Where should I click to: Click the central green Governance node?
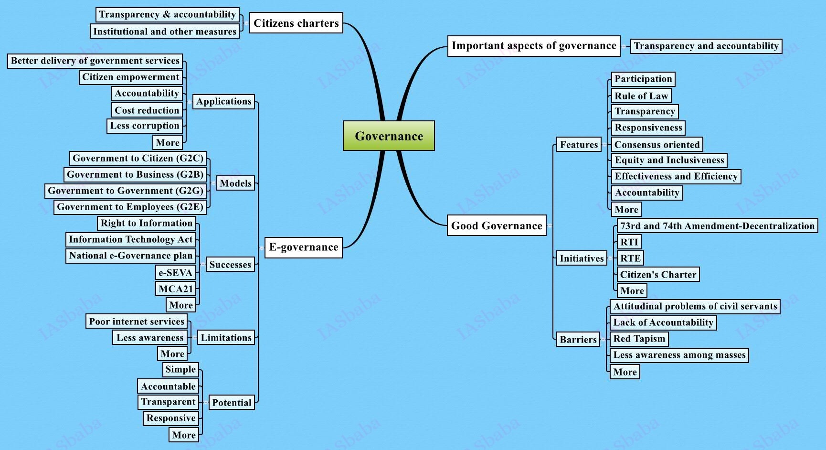pyautogui.click(x=389, y=136)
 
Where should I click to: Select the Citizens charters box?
pyautogui.click(x=296, y=23)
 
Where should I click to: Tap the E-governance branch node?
pyautogui.click(x=303, y=247)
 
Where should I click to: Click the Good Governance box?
pyautogui.click(x=497, y=225)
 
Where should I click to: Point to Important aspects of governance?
pyautogui.click(x=534, y=46)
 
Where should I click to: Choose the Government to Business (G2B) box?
pyautogui.click(x=135, y=175)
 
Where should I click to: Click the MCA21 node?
pyautogui.click(x=176, y=289)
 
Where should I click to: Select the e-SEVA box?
pyautogui.click(x=175, y=273)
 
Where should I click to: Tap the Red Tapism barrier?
pyautogui.click(x=639, y=339)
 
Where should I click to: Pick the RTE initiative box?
pyautogui.click(x=630, y=258)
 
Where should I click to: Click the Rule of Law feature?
pyautogui.click(x=641, y=96)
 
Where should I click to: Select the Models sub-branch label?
pyautogui.click(x=235, y=183)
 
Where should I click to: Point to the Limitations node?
pyautogui.click(x=226, y=338)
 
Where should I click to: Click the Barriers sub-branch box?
pyautogui.click(x=578, y=340)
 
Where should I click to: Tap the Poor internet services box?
pyautogui.click(x=137, y=321)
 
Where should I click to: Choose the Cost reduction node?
pyautogui.click(x=147, y=110)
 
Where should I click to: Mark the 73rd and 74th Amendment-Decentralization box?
pyautogui.click(x=717, y=226)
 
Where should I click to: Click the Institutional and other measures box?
pyautogui.click(x=165, y=32)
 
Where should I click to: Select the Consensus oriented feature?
pyautogui.click(x=657, y=145)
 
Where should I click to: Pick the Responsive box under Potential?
pyautogui.click(x=171, y=418)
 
